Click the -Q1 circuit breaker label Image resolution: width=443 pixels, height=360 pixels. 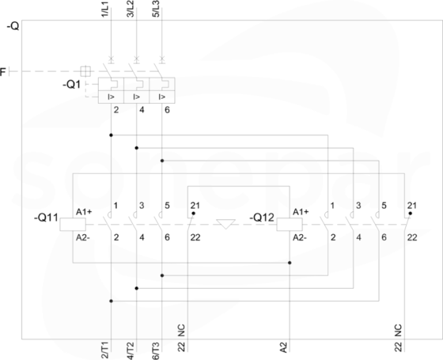pos(71,85)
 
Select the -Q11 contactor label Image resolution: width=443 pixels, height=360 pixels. pos(46,218)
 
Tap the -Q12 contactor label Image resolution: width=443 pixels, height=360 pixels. pos(262,218)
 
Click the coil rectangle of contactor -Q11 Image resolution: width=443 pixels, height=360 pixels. pos(73,225)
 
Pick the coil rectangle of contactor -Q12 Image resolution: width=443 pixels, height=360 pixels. pos(290,225)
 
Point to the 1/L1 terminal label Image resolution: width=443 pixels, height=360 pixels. pos(104,9)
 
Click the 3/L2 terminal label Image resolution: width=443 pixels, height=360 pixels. pos(131,9)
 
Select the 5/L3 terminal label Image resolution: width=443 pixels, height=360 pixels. pos(156,9)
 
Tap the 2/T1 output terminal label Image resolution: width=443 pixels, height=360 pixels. pos(104,351)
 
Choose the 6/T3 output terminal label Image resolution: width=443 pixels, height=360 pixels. pos(156,351)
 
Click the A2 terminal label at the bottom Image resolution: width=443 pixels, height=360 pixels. pos(284,347)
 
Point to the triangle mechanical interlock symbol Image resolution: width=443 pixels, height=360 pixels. pos(225,224)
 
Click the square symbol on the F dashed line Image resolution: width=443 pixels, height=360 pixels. pos(85,71)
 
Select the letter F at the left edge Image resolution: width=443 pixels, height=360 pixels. pos(3,72)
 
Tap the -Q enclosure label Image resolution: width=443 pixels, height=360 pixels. pos(13,26)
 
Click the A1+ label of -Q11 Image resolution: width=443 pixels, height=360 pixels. pos(84,212)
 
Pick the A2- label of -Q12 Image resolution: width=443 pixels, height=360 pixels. pos(300,237)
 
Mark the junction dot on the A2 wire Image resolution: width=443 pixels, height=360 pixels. pos(290,263)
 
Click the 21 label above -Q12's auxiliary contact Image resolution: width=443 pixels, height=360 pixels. pos(412,206)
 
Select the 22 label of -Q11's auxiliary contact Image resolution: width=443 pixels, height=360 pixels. pos(195,237)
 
